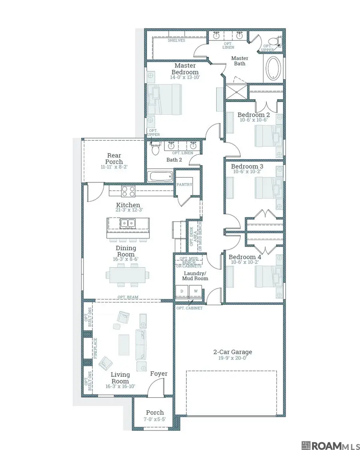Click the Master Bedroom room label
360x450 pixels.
pos(185,69)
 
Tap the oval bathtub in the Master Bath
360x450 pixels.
pos(273,68)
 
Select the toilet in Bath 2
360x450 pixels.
pos(155,148)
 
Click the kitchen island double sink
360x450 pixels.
pos(128,223)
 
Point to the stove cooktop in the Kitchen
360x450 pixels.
pos(128,191)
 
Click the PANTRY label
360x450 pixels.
pos(184,184)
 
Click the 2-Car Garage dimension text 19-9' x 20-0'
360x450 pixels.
pos(232,358)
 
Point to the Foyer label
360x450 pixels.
pos(159,374)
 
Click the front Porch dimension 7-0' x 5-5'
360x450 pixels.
pos(155,419)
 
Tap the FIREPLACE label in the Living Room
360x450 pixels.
pos(95,348)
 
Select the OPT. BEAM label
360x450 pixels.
pos(128,297)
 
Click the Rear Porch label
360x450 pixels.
pos(114,158)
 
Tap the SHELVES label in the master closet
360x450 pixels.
pos(176,40)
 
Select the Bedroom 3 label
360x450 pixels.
pos(247,166)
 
